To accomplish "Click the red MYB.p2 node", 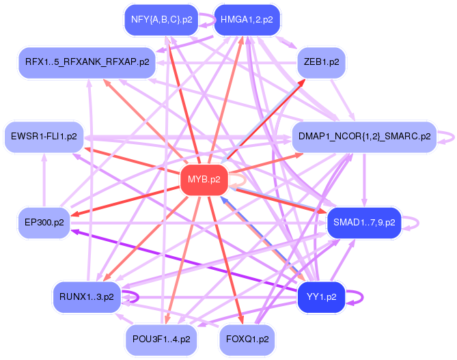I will (204, 180).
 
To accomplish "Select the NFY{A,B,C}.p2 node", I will (161, 20).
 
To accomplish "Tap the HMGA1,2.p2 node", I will (246, 20).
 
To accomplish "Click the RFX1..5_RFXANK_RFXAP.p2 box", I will (87, 62).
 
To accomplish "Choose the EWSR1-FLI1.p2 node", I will (44, 137).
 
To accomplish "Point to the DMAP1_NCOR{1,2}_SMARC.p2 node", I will (364, 137).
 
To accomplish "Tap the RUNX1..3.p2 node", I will (87, 296).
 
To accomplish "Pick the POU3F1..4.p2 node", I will (161, 339).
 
